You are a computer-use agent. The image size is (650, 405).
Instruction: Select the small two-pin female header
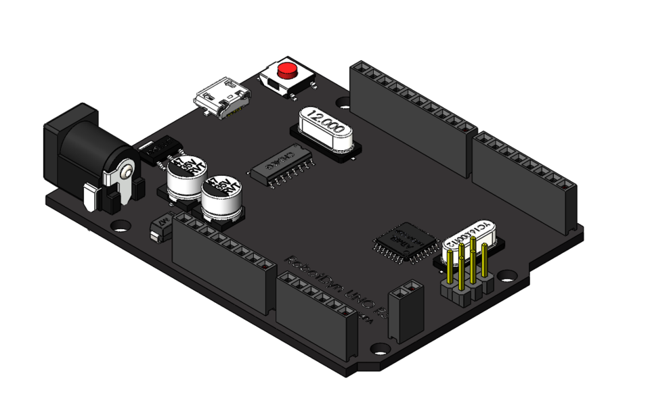[406, 312]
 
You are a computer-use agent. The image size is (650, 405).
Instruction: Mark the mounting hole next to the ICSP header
[506, 276]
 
